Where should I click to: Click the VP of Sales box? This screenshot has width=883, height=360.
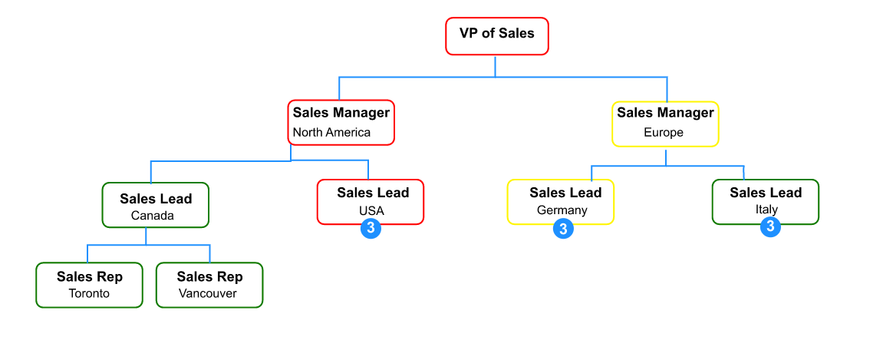click(x=497, y=36)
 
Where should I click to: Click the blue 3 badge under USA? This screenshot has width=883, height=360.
click(x=371, y=228)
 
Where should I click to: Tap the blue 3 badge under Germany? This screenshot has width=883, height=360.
click(x=563, y=229)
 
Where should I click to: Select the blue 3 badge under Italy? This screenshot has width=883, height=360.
click(x=770, y=226)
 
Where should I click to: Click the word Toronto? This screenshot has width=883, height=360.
click(x=89, y=293)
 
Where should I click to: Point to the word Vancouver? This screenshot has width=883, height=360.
click(x=208, y=293)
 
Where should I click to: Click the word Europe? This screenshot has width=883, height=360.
click(x=664, y=132)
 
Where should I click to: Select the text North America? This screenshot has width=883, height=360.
click(x=331, y=132)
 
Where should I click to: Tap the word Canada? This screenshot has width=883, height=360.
click(x=153, y=215)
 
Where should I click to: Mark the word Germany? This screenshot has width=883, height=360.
click(x=562, y=210)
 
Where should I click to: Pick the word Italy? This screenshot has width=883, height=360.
click(x=766, y=209)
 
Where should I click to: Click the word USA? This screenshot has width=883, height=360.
click(x=371, y=210)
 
